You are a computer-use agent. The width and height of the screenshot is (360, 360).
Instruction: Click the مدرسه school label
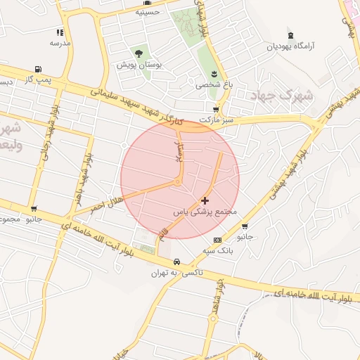pos(60,43)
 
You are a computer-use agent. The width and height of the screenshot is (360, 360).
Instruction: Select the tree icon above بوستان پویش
pos(138,53)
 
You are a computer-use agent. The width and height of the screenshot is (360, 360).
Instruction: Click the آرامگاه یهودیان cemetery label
pos(290,46)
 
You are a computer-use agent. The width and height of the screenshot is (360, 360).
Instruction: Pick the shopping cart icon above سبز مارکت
pos(215,110)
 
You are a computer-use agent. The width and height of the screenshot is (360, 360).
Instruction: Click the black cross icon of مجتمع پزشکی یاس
pos(205,200)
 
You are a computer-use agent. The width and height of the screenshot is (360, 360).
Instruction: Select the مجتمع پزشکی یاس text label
pos(205,211)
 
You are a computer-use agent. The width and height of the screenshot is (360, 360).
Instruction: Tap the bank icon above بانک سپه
pos(217,240)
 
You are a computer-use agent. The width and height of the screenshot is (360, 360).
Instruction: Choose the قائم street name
pos(165,231)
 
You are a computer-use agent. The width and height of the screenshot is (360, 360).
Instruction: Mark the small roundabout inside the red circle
pos(178,183)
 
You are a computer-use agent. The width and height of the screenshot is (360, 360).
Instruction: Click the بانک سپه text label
pos(217,250)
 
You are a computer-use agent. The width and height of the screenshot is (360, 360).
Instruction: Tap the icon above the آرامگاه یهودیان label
pos(290,35)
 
